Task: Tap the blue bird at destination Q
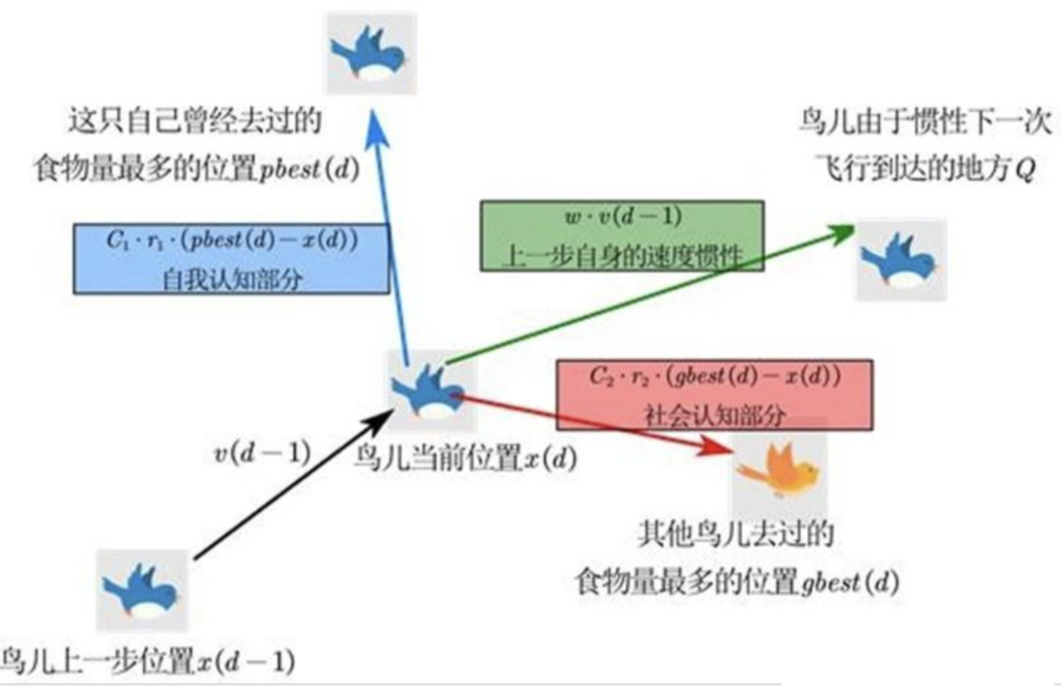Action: (900, 261)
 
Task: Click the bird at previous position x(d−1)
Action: (142, 590)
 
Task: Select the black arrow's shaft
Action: (292, 487)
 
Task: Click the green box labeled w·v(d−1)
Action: (622, 235)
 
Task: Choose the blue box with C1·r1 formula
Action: (232, 258)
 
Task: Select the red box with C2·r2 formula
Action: (713, 393)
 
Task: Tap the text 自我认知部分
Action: (232, 275)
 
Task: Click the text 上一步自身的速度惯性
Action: (622, 256)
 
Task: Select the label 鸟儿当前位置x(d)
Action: (465, 457)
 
